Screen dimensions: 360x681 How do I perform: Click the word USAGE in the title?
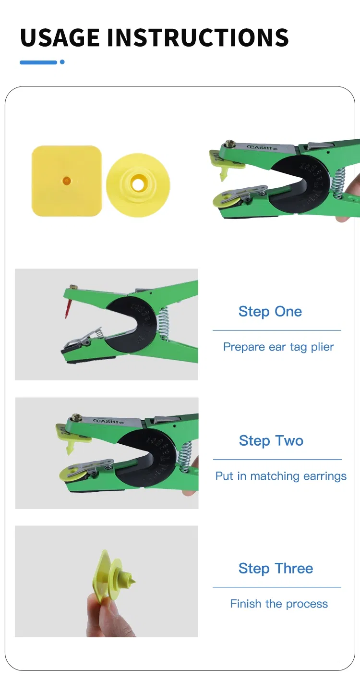click(x=60, y=37)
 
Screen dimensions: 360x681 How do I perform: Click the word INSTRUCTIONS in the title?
click(x=198, y=37)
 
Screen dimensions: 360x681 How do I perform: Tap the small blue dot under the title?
click(x=62, y=62)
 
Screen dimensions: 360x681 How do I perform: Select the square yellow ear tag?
click(x=67, y=181)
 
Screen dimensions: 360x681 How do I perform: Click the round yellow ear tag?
click(x=138, y=185)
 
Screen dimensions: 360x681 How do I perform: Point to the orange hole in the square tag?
click(x=67, y=181)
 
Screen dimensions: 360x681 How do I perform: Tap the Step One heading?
click(x=270, y=311)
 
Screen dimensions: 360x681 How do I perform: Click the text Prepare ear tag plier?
click(x=278, y=347)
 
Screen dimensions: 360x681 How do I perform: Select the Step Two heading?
click(x=271, y=440)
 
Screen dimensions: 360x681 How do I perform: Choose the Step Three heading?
click(x=276, y=568)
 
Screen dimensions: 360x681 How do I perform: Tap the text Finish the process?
click(x=279, y=604)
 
